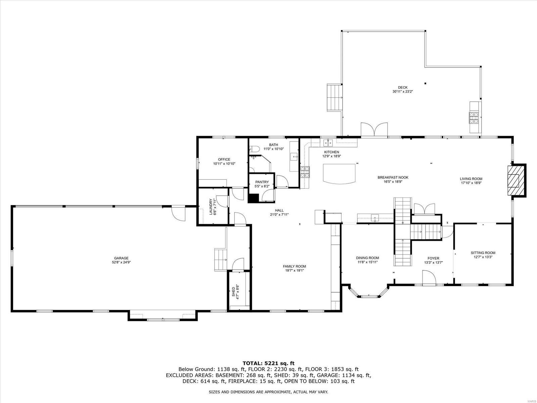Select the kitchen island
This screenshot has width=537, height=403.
pos(339,173)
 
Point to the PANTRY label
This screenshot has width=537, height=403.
pos(262,182)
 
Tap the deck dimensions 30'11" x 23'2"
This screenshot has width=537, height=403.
pos(402,91)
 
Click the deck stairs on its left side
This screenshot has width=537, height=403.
pos(334,97)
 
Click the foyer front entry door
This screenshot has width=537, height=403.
pos(429,279)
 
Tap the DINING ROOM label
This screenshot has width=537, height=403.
pos(367,258)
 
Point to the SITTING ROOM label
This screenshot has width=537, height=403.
pos(483,253)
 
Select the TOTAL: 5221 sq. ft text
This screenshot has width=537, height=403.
pos(268,363)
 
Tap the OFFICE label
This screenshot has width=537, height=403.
pos(224,159)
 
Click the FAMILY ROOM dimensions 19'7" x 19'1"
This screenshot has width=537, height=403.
pos(294,270)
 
